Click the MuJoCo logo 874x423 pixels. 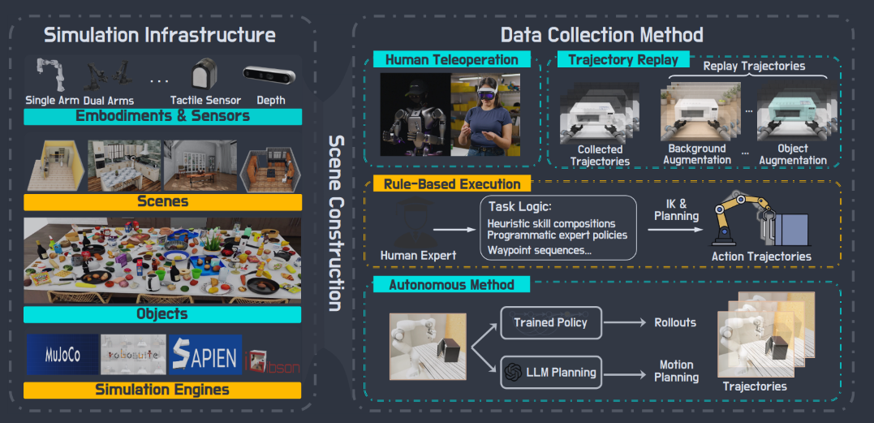62,355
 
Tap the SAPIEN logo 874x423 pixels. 205,355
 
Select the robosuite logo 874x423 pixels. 133,355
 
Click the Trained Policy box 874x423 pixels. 551,322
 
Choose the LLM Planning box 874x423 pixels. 551,373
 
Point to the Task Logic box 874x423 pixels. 558,227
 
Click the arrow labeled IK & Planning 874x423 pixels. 674,228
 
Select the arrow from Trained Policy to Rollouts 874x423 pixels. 623,322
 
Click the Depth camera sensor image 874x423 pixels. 269,76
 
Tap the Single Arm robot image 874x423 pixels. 50,74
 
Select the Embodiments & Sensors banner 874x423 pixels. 163,116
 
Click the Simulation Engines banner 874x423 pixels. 162,390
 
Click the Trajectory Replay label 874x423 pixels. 623,59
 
